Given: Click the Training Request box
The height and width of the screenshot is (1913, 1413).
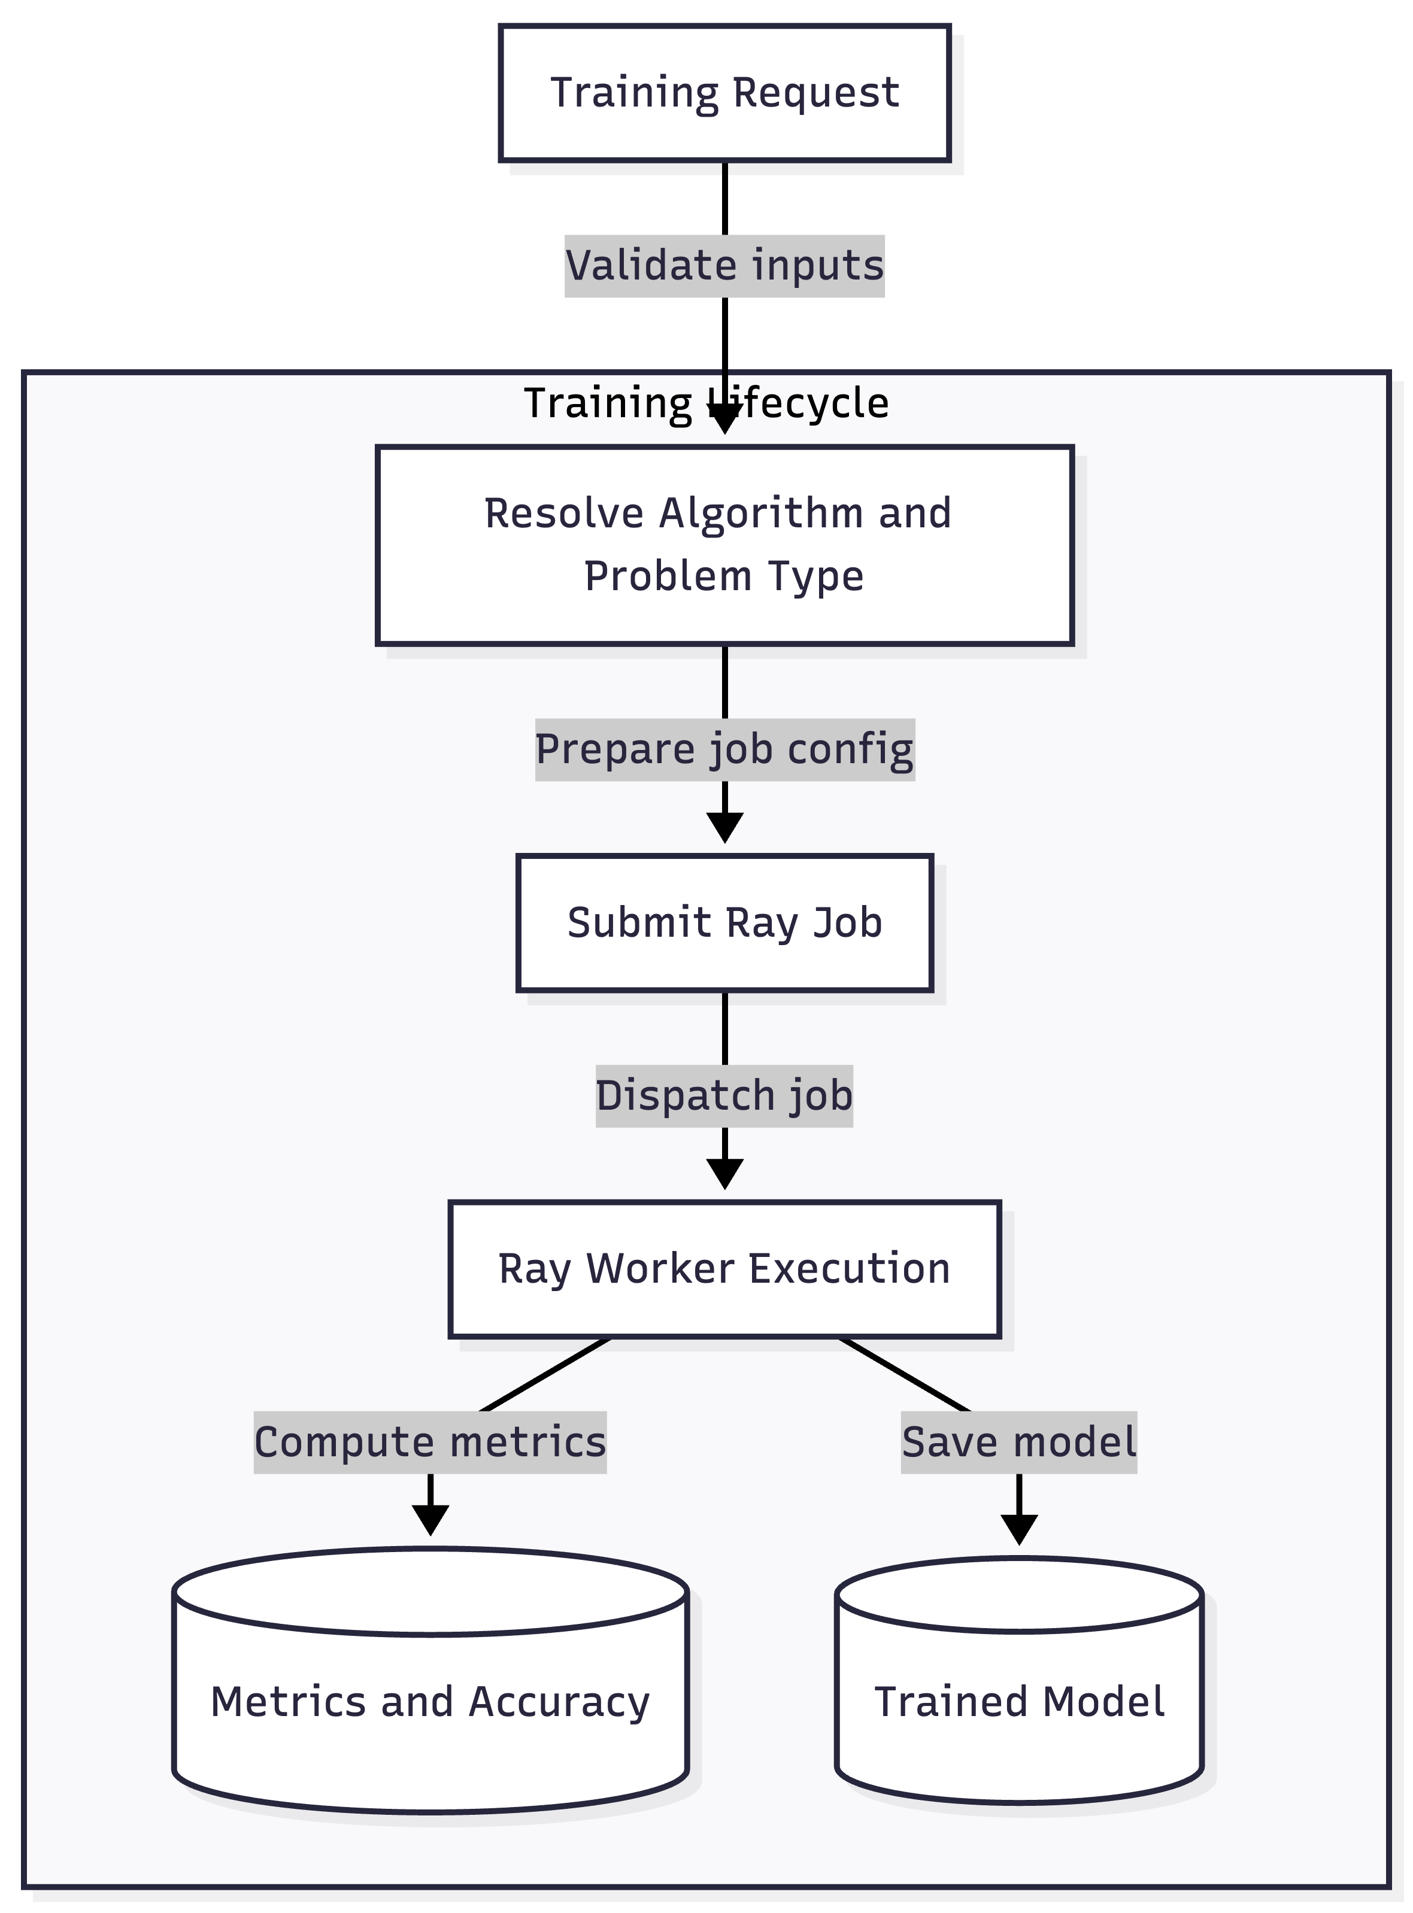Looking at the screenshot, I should (x=724, y=92).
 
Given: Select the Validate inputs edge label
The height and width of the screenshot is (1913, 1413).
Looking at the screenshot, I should (x=724, y=266).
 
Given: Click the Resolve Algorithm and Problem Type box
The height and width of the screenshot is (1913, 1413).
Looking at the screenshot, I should (x=724, y=545).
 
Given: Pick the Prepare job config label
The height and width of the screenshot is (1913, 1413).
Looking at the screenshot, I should (x=724, y=750).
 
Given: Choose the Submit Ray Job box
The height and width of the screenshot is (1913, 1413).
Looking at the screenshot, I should (x=724, y=923).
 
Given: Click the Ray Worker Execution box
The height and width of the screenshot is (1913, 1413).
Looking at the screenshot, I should (x=724, y=1269).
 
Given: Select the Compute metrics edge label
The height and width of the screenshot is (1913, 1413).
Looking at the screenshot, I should (x=430, y=1443).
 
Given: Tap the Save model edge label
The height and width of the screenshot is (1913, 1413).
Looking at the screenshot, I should (x=1018, y=1443).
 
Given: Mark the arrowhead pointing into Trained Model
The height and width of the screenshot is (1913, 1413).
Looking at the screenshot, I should (x=1018, y=1529).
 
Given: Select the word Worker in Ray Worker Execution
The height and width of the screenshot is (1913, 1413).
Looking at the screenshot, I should (x=659, y=1269).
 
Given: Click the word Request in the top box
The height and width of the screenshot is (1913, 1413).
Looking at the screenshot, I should (x=816, y=92).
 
